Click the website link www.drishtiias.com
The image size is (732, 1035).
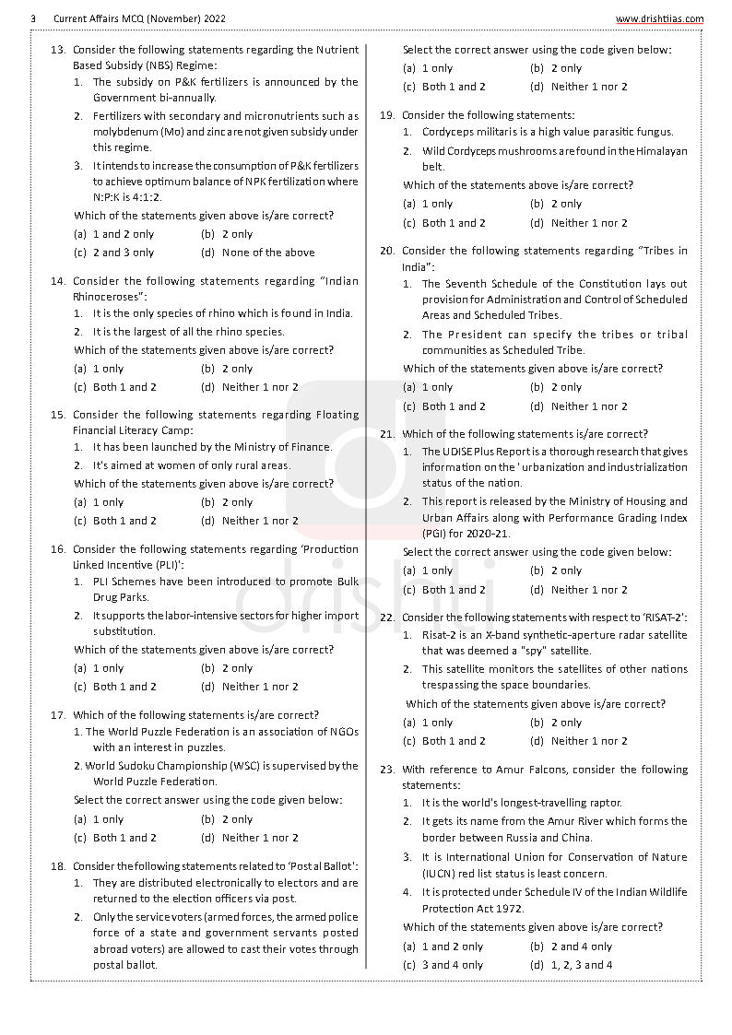tap(659, 18)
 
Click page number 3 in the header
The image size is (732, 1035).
tap(32, 18)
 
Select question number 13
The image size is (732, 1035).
tap(57, 50)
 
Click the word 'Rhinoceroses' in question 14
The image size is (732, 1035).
tap(108, 297)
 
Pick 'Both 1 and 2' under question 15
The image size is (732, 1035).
tap(124, 521)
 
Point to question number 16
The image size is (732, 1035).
tap(57, 549)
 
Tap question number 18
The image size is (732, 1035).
tap(57, 866)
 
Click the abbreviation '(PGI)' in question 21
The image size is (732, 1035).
tap(438, 534)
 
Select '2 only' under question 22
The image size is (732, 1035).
tap(566, 723)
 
